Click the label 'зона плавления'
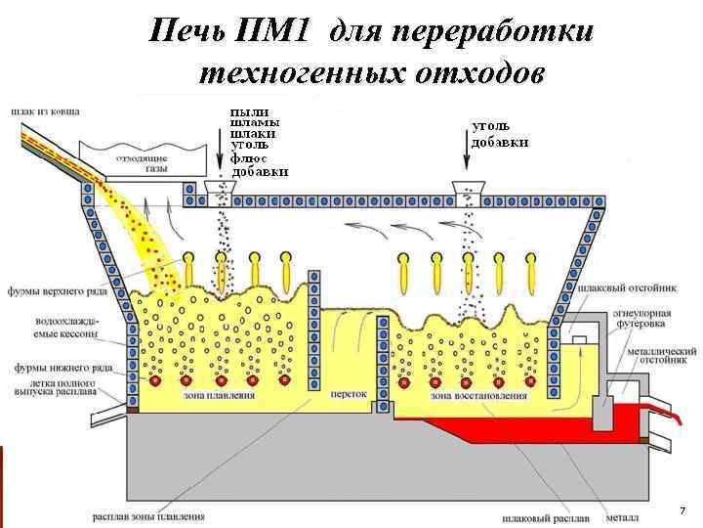coord(219,396)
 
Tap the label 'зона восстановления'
coord(478,396)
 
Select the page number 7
coord(682,511)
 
